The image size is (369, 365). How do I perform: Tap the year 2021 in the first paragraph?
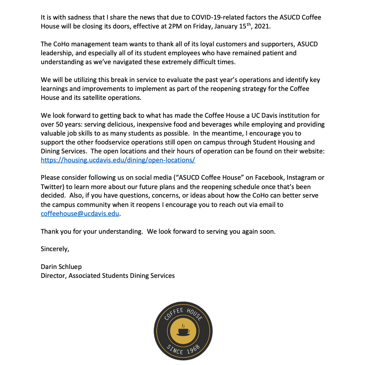point(262,26)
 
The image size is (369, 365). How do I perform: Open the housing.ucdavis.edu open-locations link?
point(118,160)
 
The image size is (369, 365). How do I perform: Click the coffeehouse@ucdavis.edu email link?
point(80,214)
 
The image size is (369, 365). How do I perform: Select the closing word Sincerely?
point(54,249)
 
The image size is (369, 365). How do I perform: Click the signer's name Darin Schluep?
point(61,267)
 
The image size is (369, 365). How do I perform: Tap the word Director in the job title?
point(53,276)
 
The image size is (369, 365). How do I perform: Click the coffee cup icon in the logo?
point(183,331)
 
